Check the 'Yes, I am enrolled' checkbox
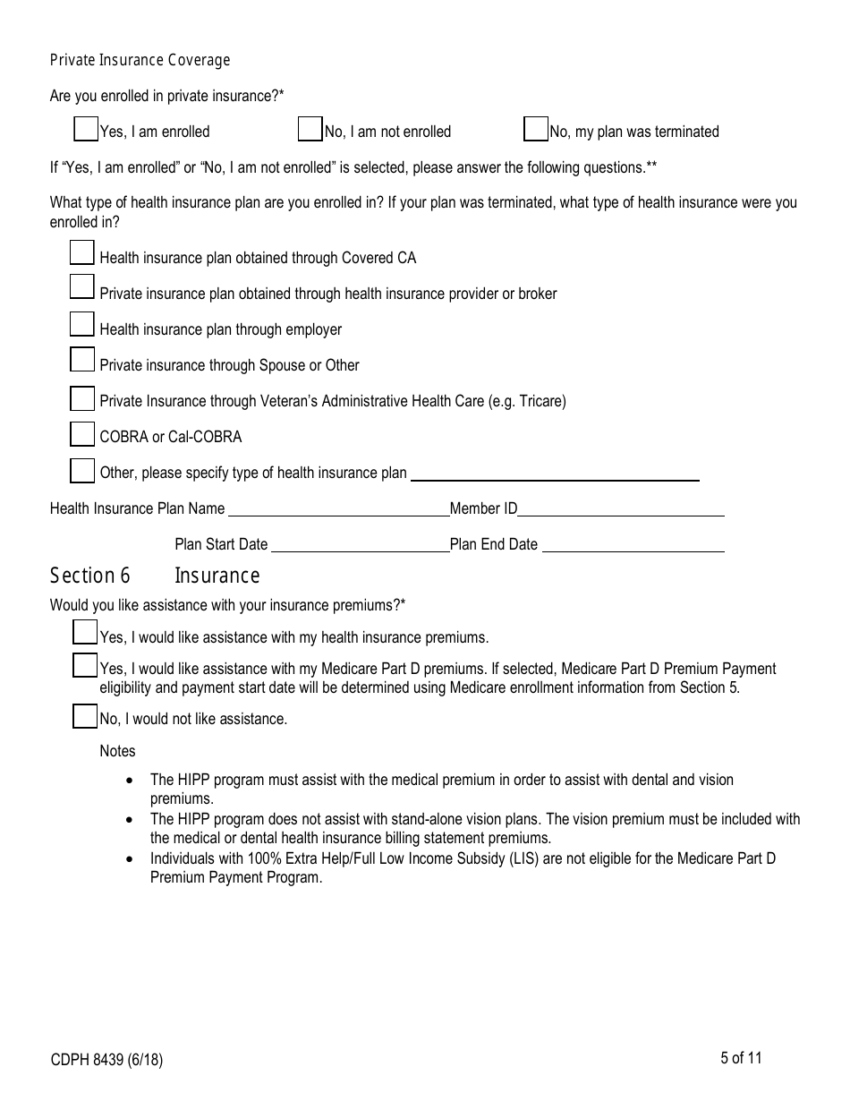tap(86, 130)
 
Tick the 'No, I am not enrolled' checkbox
tap(310, 130)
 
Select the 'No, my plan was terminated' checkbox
tap(535, 130)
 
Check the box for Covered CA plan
tap(82, 253)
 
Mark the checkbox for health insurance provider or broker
tap(82, 287)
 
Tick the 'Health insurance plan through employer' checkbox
tap(82, 324)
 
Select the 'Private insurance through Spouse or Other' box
tap(82, 360)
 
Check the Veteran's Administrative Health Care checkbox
tap(82, 398)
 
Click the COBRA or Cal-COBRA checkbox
tap(82, 434)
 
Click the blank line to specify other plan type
tap(555, 474)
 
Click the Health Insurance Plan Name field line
tap(339, 509)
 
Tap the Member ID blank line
tap(621, 509)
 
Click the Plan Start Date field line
tap(359, 545)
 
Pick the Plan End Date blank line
tap(633, 545)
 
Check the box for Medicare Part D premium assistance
tap(85, 666)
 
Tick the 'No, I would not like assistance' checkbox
tap(85, 717)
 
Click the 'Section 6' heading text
tap(89, 576)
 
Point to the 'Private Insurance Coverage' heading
tap(140, 60)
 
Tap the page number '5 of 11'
tap(741, 1058)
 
